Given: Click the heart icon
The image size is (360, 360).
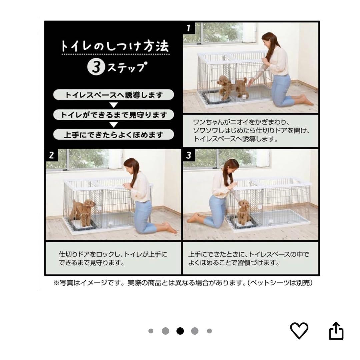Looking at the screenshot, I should [299, 331].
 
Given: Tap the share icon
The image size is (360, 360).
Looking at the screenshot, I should [336, 331].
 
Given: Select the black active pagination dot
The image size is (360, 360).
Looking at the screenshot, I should [180, 331].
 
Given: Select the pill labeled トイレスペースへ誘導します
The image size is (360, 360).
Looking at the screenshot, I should [114, 95].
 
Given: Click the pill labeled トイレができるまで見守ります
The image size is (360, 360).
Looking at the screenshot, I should [114, 115].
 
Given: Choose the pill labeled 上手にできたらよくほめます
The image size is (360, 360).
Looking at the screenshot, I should [114, 135].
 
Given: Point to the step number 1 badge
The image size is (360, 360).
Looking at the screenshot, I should [188, 28].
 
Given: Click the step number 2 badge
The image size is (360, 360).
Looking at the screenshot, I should [51, 155].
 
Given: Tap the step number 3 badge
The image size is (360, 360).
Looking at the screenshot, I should [189, 155].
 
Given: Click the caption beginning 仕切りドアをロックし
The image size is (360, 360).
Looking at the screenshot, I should [113, 259].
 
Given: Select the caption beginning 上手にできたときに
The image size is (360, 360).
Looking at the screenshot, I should [248, 259].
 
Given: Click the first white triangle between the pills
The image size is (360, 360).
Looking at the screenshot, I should [114, 105].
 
